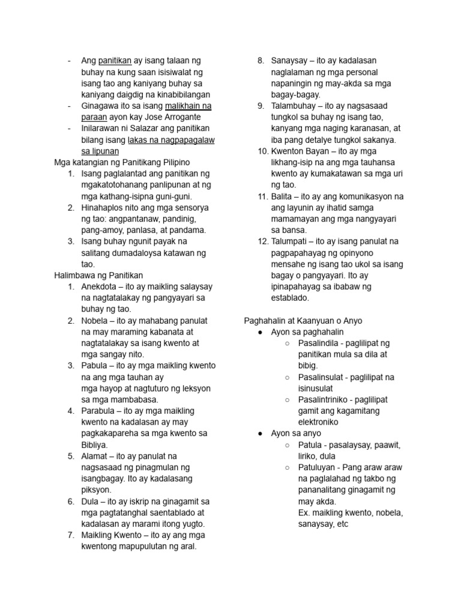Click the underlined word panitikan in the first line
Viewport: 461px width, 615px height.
tap(115, 61)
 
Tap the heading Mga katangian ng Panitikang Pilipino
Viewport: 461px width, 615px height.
tap(122, 162)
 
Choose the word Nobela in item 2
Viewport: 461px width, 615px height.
tap(95, 321)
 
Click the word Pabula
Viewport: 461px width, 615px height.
tap(95, 366)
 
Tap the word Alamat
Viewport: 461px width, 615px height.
tap(95, 456)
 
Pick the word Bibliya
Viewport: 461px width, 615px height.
tap(94, 445)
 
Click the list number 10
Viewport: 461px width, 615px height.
tap(262, 151)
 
